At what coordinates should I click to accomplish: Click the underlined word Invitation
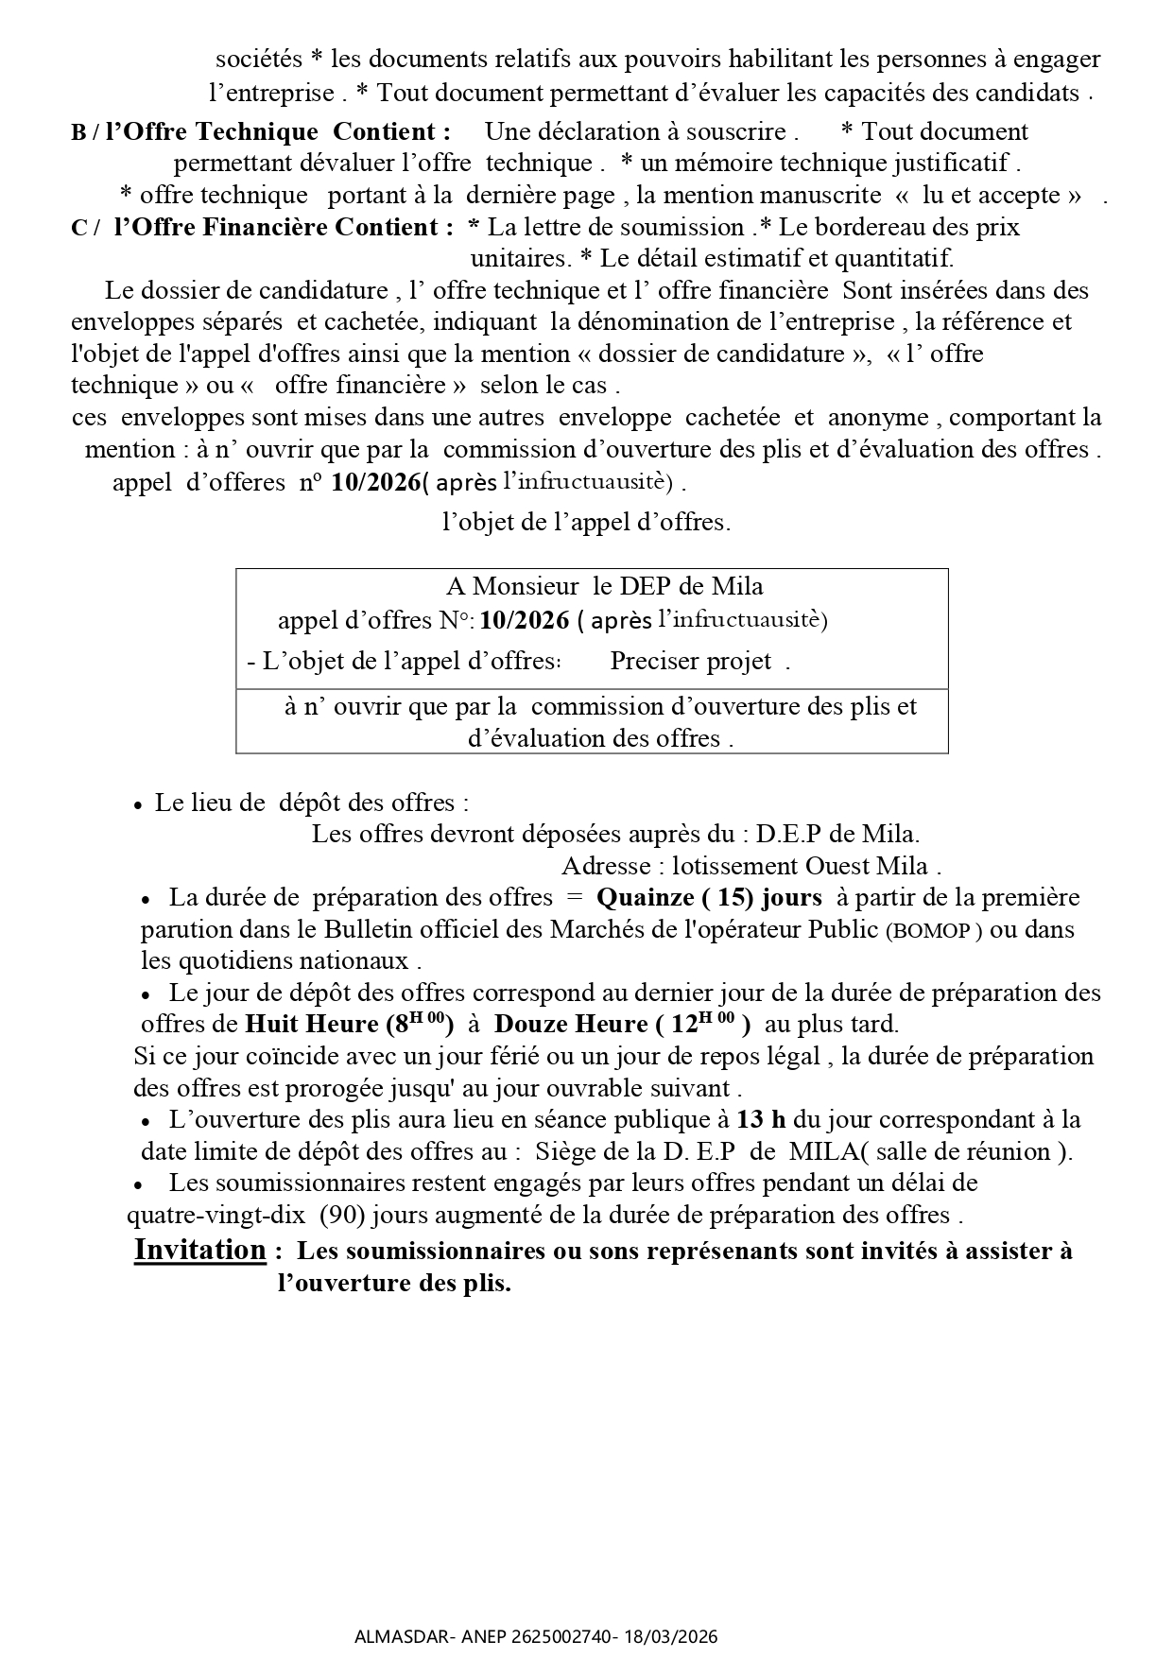click(x=200, y=1250)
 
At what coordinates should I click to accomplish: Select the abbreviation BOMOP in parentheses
click(x=931, y=931)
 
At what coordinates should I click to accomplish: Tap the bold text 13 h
click(x=761, y=1120)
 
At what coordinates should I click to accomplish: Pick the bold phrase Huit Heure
click(x=311, y=1025)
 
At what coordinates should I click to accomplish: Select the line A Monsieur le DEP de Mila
click(x=604, y=587)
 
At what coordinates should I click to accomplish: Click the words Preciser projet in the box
click(x=691, y=662)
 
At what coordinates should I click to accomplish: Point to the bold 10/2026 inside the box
click(x=525, y=620)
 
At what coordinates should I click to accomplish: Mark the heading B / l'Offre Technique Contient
click(x=260, y=131)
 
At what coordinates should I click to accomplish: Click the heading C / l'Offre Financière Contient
click(x=256, y=227)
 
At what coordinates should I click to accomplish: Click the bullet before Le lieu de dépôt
click(x=138, y=804)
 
